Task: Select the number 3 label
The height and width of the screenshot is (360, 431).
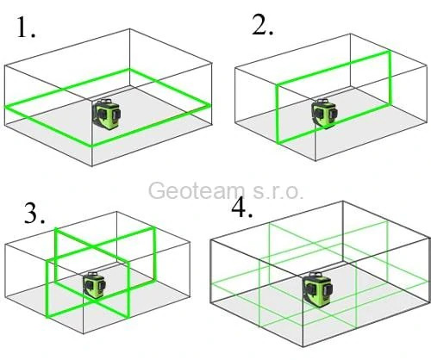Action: coord(35,214)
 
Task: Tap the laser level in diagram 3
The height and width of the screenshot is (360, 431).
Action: coord(92,288)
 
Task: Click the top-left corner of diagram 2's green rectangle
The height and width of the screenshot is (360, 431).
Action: coord(276,84)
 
